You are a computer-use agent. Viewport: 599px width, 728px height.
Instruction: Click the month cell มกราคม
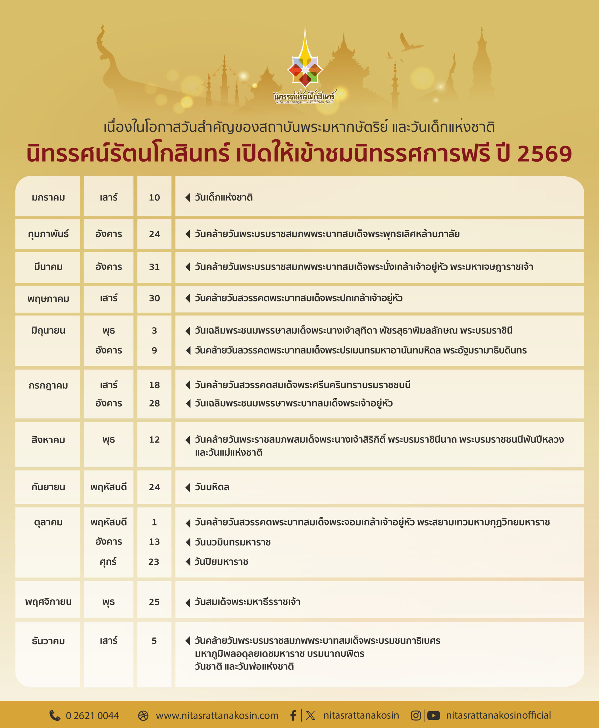48,198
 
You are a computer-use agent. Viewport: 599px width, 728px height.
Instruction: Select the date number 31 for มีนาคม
154,267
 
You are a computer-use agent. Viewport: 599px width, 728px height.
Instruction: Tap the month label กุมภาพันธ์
48,234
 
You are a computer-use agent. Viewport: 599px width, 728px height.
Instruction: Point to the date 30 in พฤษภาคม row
154,298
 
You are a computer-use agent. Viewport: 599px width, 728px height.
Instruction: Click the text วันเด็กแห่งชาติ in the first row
224,198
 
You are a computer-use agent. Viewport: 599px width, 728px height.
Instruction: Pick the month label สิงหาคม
48,440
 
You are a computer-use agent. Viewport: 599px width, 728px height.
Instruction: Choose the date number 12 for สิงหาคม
154,440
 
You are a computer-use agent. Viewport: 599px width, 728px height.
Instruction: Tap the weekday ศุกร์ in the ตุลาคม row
108,562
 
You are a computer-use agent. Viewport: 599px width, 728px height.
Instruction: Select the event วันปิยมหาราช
221,562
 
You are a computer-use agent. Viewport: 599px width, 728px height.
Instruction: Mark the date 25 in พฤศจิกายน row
154,602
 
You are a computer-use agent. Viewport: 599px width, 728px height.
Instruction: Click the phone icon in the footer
55,715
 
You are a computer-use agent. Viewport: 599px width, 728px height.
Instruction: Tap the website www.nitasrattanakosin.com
217,715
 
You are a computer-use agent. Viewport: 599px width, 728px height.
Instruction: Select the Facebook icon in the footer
293,715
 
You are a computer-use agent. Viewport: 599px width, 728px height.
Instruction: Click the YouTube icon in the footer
433,715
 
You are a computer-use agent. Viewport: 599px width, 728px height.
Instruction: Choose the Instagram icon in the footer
416,715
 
